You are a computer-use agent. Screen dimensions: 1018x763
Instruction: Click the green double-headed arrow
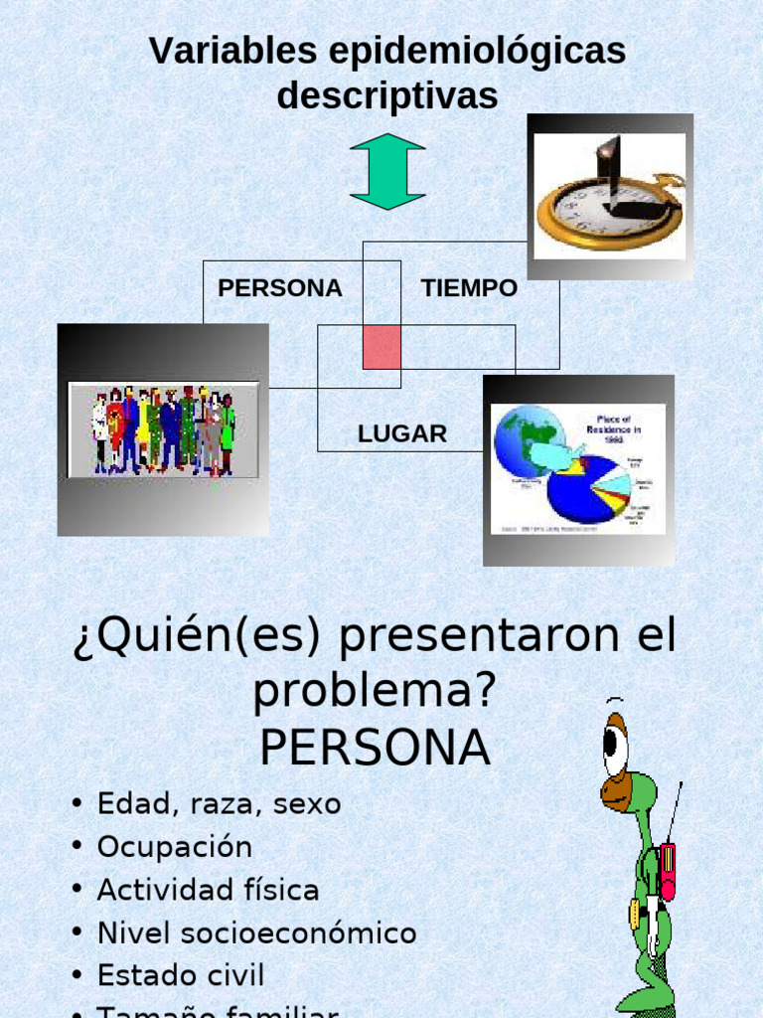[x=387, y=171]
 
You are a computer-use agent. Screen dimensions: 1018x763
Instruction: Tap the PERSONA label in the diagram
[x=279, y=288]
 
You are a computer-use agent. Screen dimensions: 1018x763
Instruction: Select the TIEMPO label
[x=469, y=288]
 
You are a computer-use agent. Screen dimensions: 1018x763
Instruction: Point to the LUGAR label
[x=402, y=434]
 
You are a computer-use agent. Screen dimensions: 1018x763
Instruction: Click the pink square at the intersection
[x=381, y=347]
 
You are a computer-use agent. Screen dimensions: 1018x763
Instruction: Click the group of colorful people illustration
[x=163, y=429]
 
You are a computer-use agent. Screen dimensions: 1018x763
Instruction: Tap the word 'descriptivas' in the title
[x=386, y=96]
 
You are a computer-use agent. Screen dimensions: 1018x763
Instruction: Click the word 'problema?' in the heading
[x=374, y=690]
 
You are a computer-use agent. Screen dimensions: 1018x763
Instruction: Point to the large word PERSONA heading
[x=375, y=749]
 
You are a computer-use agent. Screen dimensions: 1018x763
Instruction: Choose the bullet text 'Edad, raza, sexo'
[x=219, y=803]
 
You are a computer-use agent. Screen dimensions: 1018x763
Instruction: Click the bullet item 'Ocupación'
[x=175, y=847]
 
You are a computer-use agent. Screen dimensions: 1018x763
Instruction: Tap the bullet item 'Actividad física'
[x=208, y=890]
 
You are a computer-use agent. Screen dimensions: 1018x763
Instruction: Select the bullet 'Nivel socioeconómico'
[x=256, y=933]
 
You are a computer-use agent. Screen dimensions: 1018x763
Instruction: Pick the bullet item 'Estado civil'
[x=181, y=975]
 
